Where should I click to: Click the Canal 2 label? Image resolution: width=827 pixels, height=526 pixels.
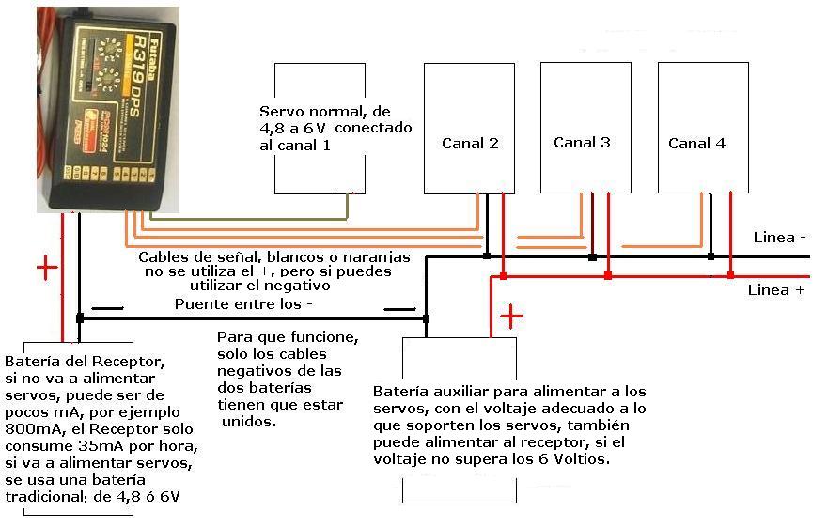pyautogui.click(x=470, y=144)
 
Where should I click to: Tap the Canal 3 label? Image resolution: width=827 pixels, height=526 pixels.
pyautogui.click(x=582, y=143)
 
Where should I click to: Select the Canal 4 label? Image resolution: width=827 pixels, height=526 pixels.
pyautogui.click(x=696, y=144)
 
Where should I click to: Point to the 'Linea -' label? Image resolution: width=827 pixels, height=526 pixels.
pyautogui.click(x=780, y=238)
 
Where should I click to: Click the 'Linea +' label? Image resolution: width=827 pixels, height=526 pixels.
pyautogui.click(x=775, y=290)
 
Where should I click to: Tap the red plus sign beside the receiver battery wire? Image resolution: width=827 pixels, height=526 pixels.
pyautogui.click(x=46, y=269)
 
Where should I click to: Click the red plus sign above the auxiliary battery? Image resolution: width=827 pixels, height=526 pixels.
pyautogui.click(x=511, y=317)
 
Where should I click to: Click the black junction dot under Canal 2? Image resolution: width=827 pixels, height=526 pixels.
pyautogui.click(x=486, y=255)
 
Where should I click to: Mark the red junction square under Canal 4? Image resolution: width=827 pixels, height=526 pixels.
pyautogui.click(x=729, y=275)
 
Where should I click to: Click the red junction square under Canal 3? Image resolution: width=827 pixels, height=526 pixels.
pyautogui.click(x=608, y=275)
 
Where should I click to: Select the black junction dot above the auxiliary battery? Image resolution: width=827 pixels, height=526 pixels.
pyautogui.click(x=426, y=318)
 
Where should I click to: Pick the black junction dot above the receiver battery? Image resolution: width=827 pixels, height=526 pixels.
pyautogui.click(x=80, y=318)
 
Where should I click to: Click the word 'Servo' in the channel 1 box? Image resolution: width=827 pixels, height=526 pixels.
pyautogui.click(x=279, y=109)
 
